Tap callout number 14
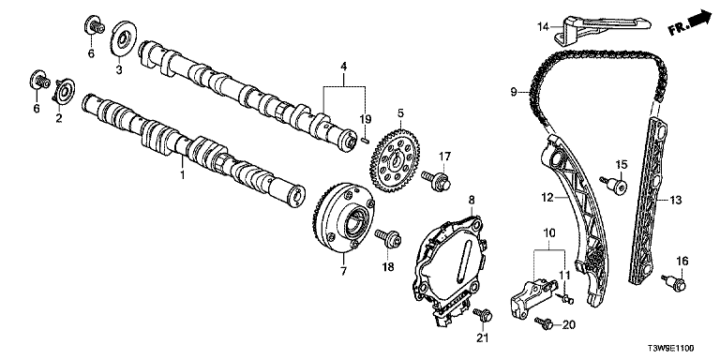543,27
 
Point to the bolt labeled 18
388,238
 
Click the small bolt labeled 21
483,315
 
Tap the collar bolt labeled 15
613,185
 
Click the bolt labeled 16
674,281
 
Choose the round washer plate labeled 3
124,40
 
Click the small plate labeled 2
64,92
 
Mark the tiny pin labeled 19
363,140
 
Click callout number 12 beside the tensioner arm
547,199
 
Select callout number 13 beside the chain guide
675,200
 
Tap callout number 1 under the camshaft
182,175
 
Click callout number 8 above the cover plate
472,200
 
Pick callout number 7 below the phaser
343,271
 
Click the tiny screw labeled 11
566,299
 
